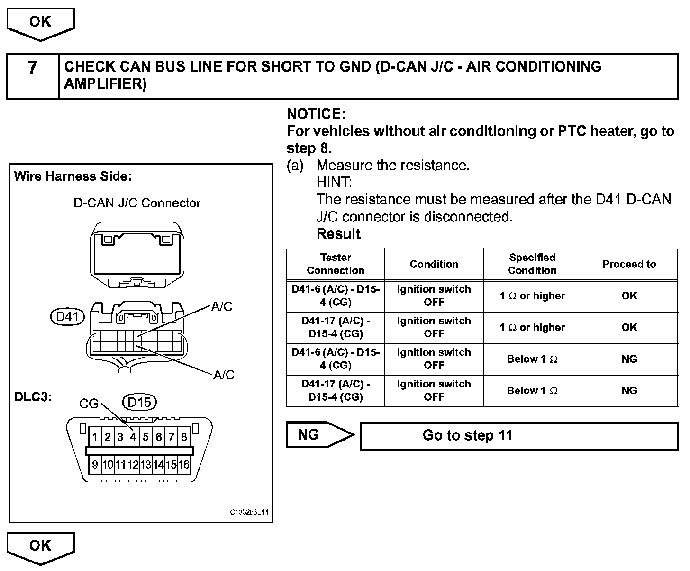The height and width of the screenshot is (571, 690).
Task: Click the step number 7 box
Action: [32, 76]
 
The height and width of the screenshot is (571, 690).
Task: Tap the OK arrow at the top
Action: [40, 23]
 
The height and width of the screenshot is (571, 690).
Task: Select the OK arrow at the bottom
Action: [40, 546]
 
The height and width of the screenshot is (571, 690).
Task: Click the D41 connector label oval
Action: [68, 317]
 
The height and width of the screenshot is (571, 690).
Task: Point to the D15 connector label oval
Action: [139, 402]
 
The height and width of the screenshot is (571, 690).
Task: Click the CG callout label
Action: [89, 404]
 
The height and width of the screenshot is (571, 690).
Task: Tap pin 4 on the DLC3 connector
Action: [133, 436]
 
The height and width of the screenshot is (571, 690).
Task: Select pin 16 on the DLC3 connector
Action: [184, 465]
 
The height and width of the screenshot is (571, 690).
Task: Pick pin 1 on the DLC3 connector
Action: [95, 436]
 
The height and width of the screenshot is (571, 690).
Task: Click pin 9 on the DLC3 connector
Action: [95, 465]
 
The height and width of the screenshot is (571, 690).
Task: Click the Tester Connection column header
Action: [336, 264]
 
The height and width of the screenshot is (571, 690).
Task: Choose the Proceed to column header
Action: [629, 264]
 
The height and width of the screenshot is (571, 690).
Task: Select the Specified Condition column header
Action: [532, 264]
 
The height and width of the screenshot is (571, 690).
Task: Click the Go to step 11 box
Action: [519, 436]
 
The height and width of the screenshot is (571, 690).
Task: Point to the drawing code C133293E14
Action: [249, 512]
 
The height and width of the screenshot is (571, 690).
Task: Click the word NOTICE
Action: [316, 114]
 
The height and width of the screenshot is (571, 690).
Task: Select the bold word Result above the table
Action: [338, 234]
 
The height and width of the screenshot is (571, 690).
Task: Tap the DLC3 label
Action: [33, 396]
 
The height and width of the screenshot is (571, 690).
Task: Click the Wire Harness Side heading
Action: [73, 176]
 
